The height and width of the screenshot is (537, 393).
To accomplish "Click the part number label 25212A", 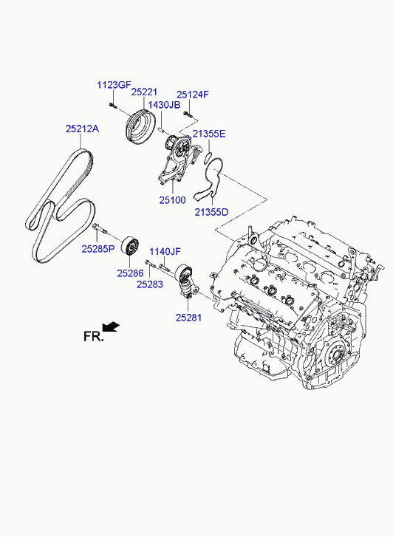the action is coord(82,129).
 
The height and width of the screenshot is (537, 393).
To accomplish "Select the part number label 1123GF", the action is coord(114,85).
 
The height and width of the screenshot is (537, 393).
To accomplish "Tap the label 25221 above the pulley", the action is coord(144,92).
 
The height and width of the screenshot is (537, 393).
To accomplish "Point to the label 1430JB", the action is coord(164,105).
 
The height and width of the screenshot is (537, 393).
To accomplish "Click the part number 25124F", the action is coord(192,95).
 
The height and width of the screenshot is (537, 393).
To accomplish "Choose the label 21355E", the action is coord(209,134).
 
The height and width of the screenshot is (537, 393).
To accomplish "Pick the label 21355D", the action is coord(211,212).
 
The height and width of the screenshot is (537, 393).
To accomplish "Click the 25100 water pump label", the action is coord(172,200).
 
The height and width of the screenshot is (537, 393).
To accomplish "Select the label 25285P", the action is coord(98,249).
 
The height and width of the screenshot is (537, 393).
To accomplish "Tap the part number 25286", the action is coord(130,273).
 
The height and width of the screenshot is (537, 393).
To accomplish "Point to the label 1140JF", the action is coord(165,252).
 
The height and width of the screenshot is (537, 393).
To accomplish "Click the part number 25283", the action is coord(150,284).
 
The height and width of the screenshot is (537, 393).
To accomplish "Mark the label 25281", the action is coord(189,318).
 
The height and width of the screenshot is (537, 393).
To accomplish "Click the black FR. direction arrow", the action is coord(111,326).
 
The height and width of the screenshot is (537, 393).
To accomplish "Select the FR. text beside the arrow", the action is coord(93,336).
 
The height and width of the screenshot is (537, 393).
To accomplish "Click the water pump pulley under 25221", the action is coord(140,129).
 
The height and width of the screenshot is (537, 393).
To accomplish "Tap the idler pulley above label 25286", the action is coord(131,245).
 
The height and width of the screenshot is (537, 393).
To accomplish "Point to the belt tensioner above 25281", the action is coord(186,282).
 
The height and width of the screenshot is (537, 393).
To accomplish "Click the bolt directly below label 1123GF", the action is coord(113,106).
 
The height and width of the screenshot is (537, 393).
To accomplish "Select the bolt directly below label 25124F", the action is coord(188,114).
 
